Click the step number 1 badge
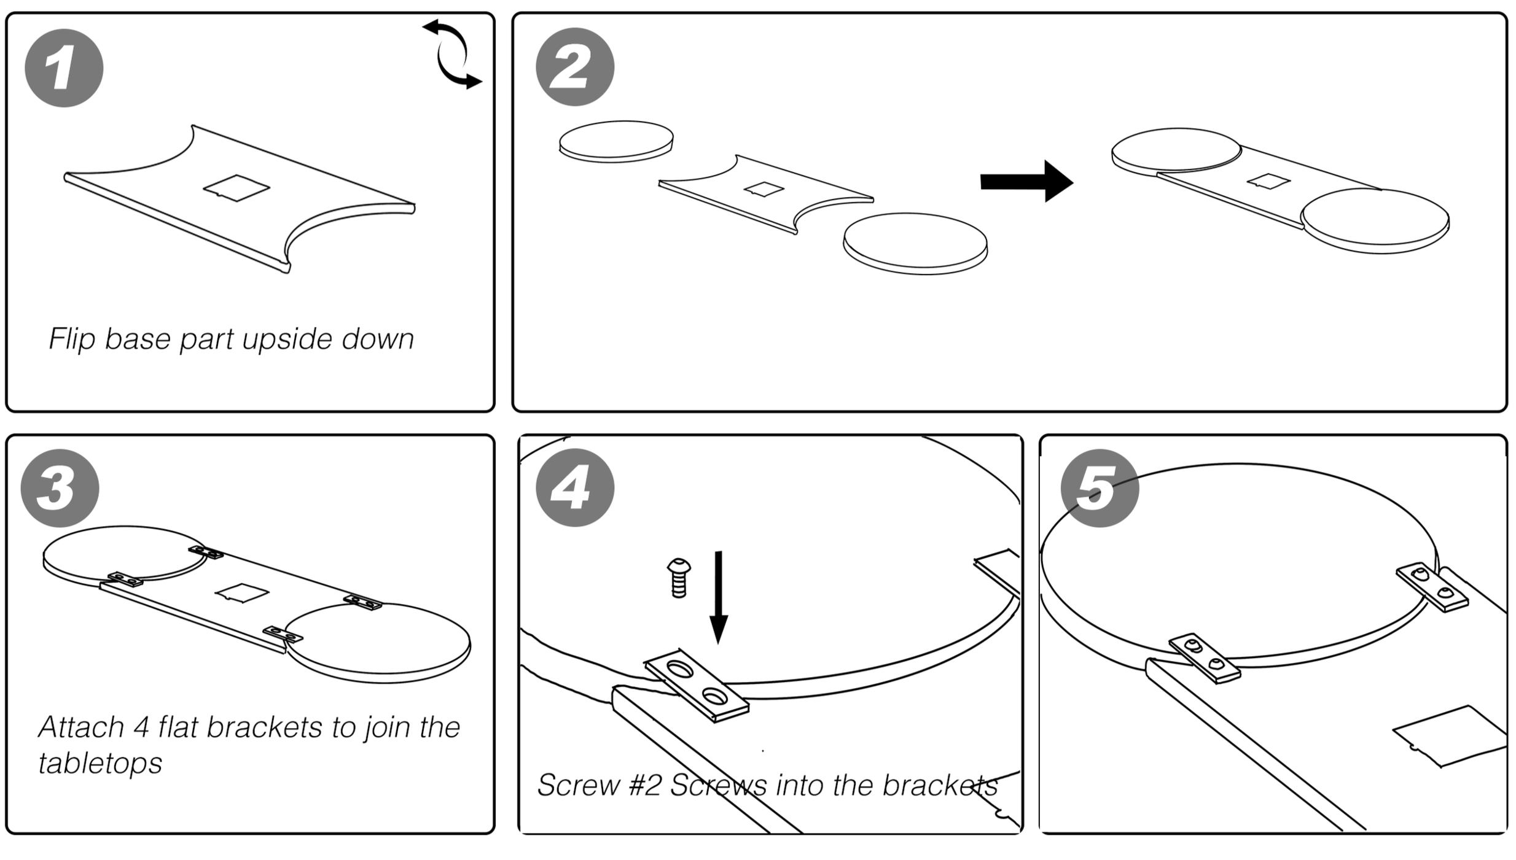(64, 68)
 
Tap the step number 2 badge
(574, 67)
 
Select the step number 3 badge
(60, 488)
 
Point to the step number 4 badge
(574, 488)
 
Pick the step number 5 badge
(1099, 488)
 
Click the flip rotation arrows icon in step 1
(452, 54)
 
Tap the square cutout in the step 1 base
(236, 188)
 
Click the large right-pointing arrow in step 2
(1026, 182)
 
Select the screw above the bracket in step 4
(678, 578)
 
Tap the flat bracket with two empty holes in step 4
(697, 685)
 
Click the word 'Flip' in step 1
(71, 339)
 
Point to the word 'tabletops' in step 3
(100, 764)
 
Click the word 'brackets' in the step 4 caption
(940, 785)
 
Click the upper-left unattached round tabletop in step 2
(616, 141)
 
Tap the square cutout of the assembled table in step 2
(1268, 181)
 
